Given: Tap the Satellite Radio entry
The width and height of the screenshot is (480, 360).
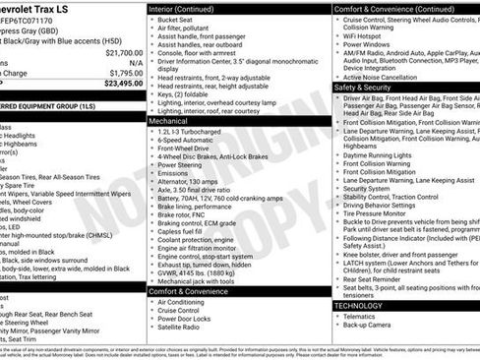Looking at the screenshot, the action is click(185, 329).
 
